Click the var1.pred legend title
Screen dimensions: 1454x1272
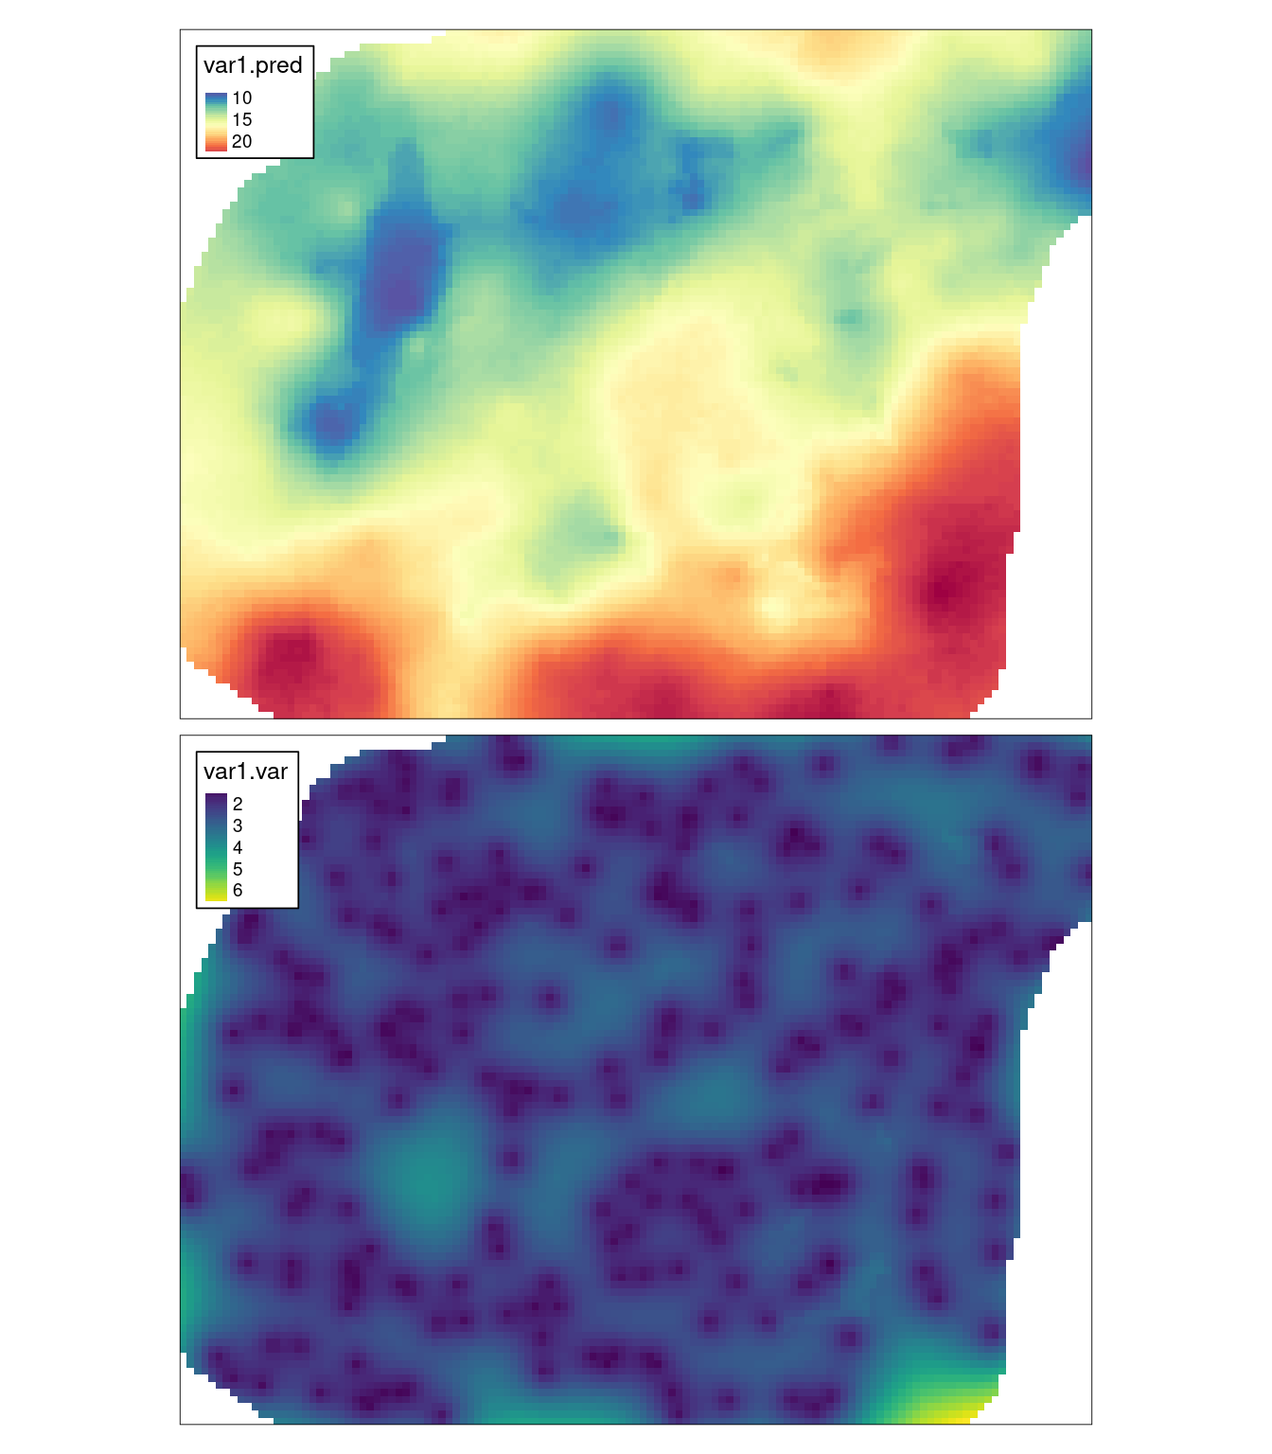pos(253,65)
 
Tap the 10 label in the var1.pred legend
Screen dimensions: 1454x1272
pos(241,98)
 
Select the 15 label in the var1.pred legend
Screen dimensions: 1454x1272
pos(241,120)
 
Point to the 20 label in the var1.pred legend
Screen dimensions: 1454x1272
pos(241,142)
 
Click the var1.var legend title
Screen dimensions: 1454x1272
pos(245,771)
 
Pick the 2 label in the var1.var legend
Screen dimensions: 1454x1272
pos(238,805)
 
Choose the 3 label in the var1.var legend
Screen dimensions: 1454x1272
pos(238,826)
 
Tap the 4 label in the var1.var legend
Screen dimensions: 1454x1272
pos(238,848)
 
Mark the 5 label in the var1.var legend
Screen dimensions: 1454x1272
pos(238,869)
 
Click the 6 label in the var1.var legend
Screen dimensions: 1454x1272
pos(238,891)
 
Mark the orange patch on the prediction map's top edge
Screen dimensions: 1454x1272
pos(837,43)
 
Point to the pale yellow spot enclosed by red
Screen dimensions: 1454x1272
pos(779,606)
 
